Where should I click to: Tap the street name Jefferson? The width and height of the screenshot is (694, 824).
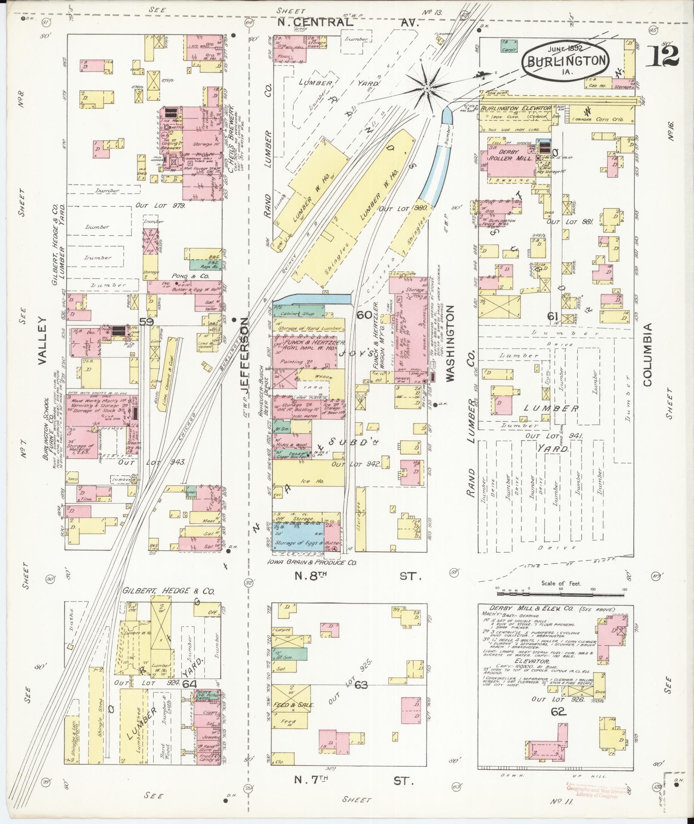click(245, 360)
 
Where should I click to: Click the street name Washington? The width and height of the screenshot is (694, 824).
click(450, 343)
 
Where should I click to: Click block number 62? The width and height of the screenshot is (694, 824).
click(558, 712)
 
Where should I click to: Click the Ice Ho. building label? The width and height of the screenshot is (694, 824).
click(307, 482)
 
